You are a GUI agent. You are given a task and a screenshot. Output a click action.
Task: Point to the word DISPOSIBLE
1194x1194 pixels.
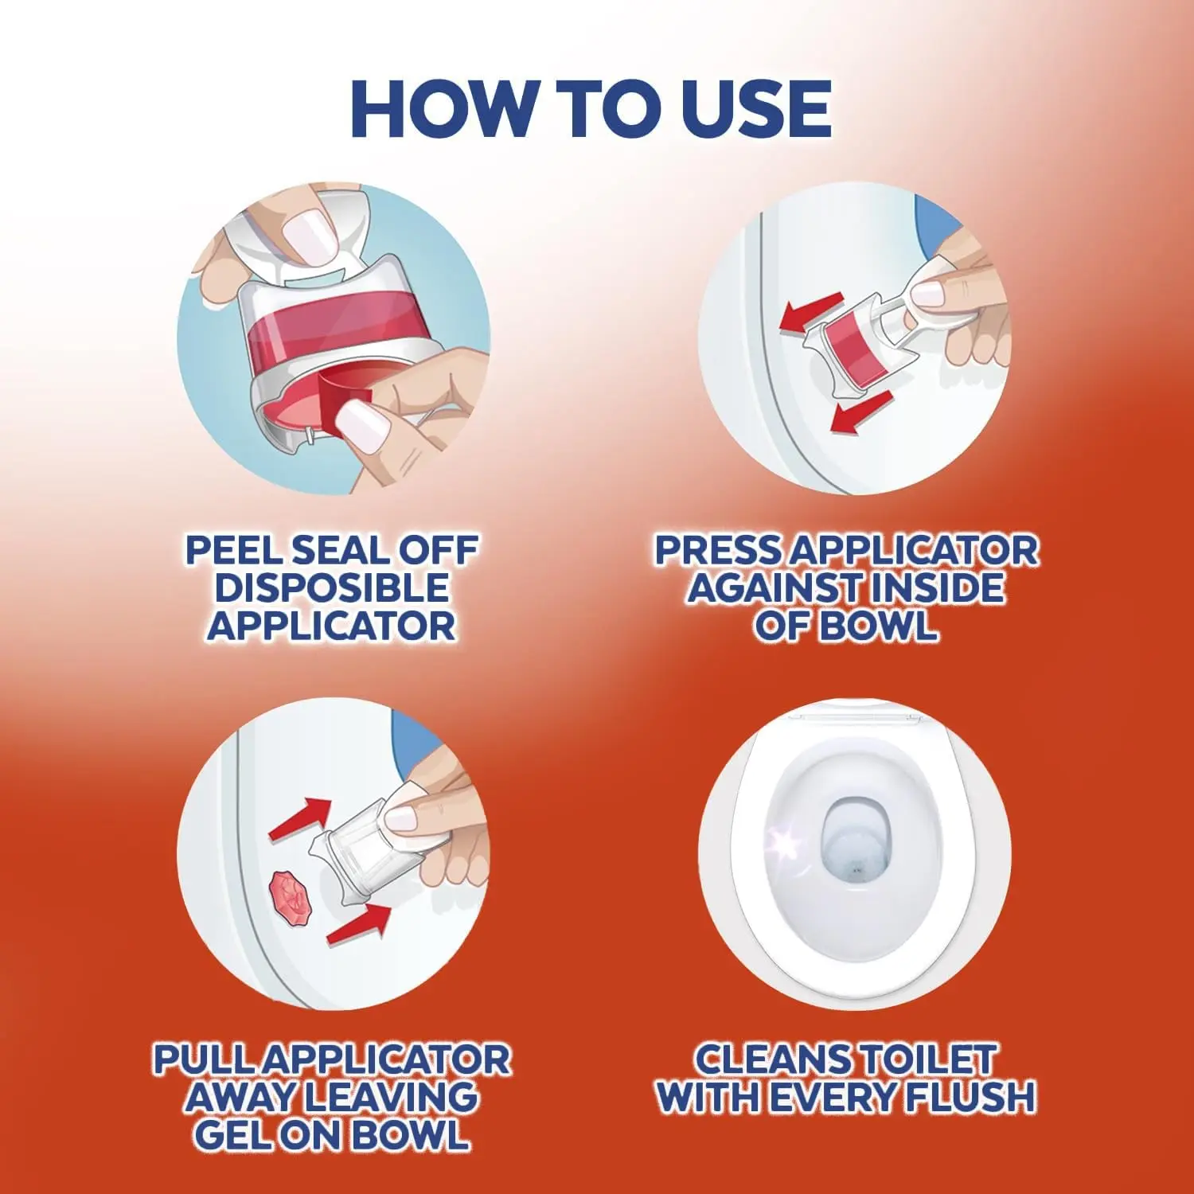click(x=332, y=587)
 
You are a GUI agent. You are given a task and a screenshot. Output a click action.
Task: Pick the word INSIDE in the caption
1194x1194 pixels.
click(x=937, y=587)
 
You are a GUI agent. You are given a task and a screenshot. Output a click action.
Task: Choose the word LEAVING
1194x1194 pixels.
click(x=391, y=1097)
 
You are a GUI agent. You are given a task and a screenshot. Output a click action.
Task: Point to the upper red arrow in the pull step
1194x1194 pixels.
click(x=301, y=818)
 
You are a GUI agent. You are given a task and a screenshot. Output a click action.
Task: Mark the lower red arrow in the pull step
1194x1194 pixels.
click(x=359, y=925)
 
